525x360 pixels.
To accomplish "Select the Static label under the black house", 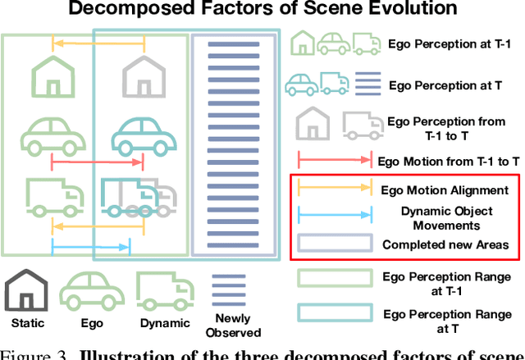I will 29,323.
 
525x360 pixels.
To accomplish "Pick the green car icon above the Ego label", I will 92,293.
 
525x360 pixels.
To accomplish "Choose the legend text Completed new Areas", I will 445,244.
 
